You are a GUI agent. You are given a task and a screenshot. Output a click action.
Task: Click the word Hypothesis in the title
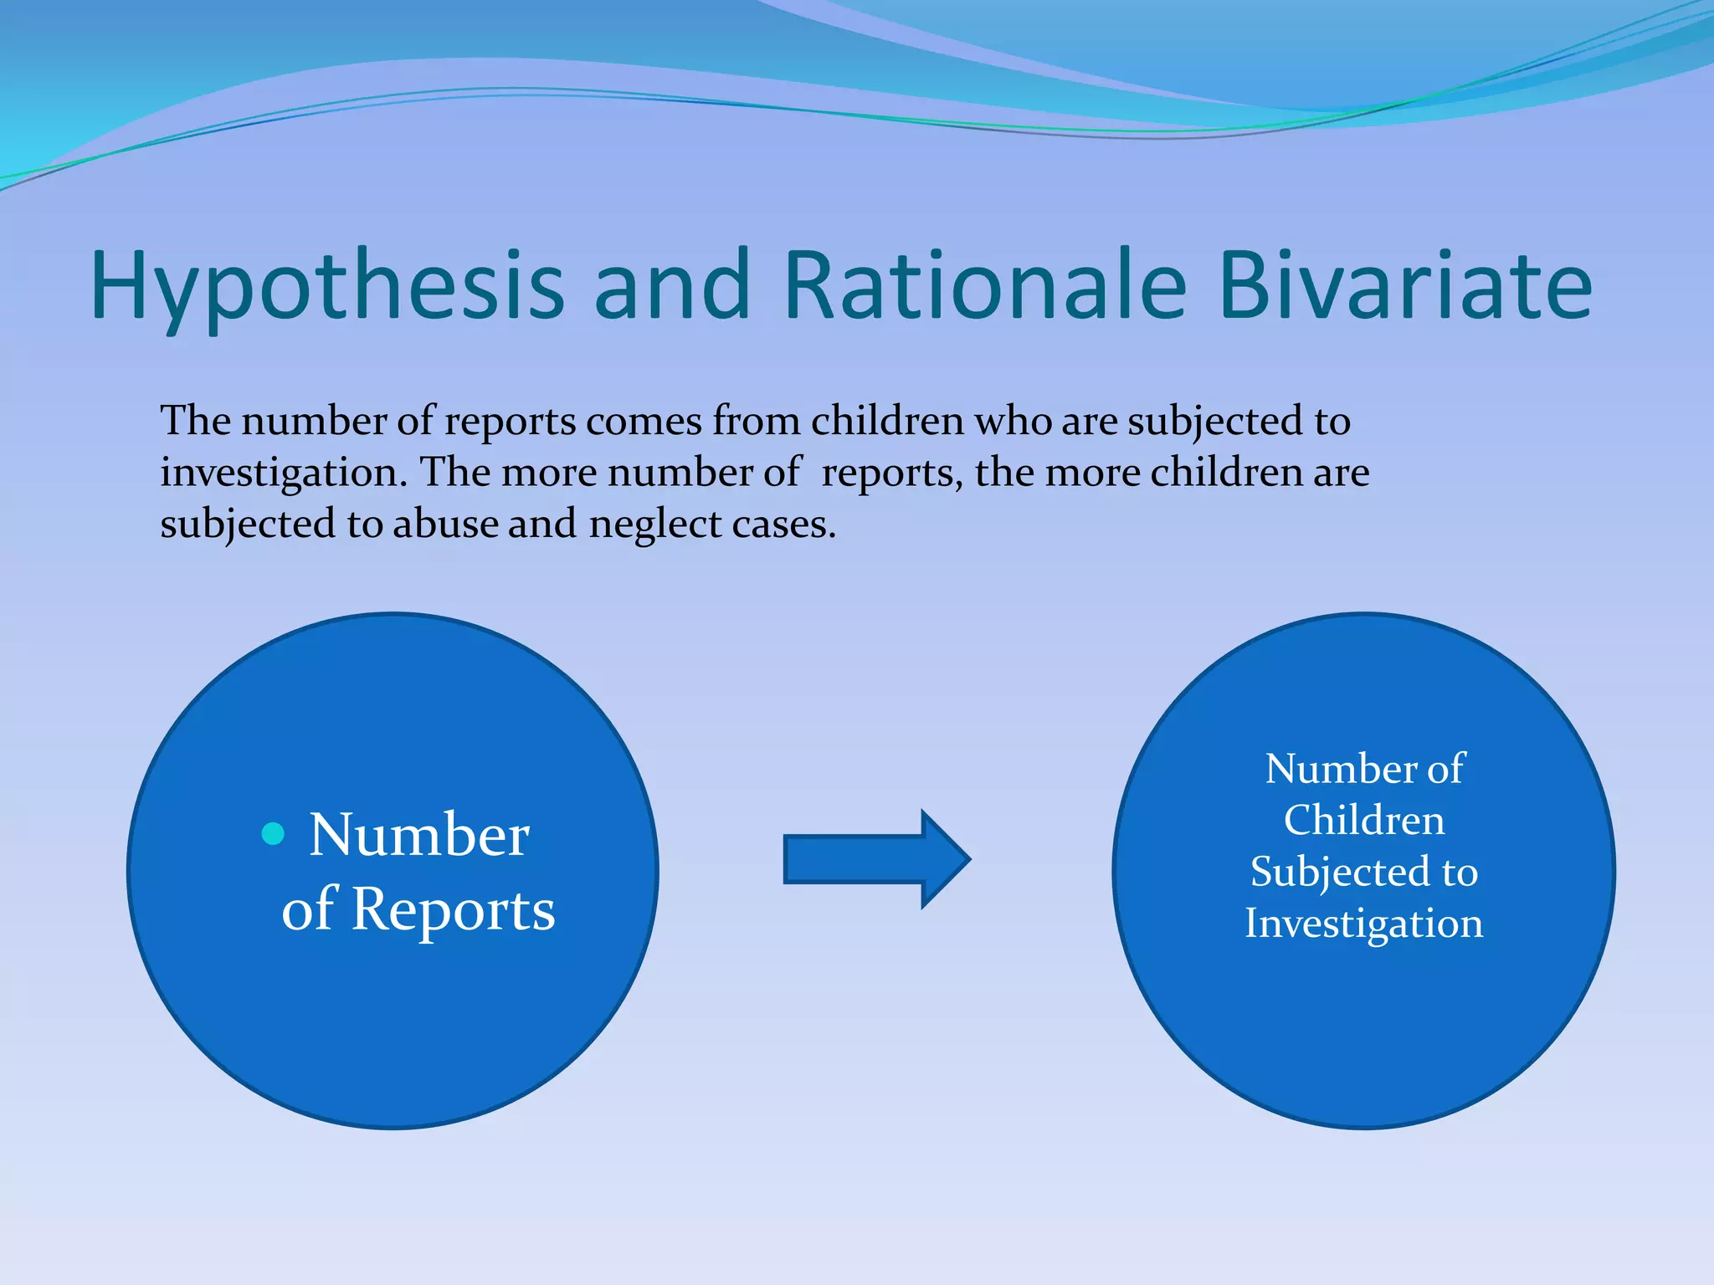click(327, 287)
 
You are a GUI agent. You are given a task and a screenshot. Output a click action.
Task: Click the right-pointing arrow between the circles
click(875, 859)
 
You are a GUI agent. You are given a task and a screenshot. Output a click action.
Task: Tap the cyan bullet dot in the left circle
click(273, 833)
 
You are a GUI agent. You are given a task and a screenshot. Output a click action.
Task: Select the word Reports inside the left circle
click(453, 909)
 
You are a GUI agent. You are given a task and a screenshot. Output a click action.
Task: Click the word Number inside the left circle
click(419, 835)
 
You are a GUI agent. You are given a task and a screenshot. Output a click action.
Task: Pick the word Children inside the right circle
click(1364, 820)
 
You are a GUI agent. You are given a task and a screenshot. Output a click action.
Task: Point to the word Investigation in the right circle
click(1364, 924)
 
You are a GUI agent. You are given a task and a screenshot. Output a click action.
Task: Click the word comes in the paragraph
click(644, 421)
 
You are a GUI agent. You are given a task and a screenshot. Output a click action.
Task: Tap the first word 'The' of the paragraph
click(195, 421)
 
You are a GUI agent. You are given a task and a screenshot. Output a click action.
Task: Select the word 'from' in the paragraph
click(757, 421)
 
